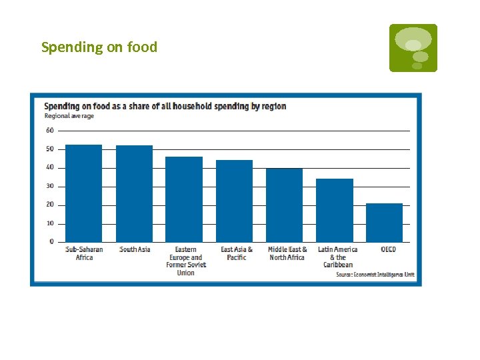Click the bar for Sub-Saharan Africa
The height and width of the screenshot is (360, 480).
coord(83,193)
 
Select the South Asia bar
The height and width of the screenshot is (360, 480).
coord(134,193)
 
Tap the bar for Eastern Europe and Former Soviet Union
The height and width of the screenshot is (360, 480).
coord(184,199)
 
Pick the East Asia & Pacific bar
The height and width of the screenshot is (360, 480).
coord(234,201)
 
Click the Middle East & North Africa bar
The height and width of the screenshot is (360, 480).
coord(284,205)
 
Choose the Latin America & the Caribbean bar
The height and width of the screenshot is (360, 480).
coord(335,210)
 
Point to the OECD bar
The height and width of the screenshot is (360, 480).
coord(385,223)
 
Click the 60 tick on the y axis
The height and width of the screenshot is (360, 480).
coord(50,131)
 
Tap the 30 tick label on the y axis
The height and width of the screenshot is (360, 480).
coord(50,186)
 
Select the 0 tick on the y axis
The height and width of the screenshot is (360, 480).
coord(51,242)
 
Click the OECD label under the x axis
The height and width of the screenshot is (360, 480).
coord(388,250)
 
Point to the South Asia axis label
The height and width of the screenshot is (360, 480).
coord(135,250)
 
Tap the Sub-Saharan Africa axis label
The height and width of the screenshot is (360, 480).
coord(84,253)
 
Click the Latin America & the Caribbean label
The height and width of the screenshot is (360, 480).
coord(337,257)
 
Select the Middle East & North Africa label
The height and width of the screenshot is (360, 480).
coord(287,253)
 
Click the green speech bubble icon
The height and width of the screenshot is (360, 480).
coord(413,47)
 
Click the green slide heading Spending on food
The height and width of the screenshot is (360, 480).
coord(99,47)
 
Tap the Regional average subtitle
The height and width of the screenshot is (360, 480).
coord(69,115)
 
